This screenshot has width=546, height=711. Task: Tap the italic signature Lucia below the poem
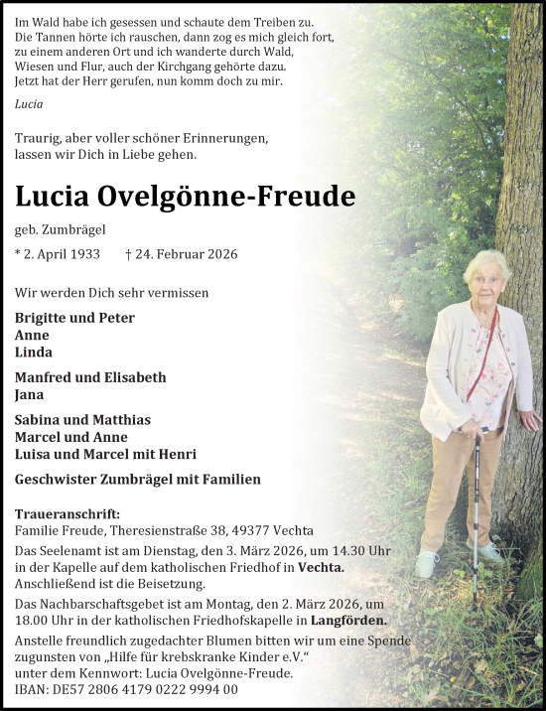click(x=30, y=103)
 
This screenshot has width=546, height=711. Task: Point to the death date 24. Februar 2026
click(x=182, y=255)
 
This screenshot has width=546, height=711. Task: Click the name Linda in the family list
click(x=34, y=353)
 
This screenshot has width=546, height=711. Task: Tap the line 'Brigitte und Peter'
click(x=74, y=318)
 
